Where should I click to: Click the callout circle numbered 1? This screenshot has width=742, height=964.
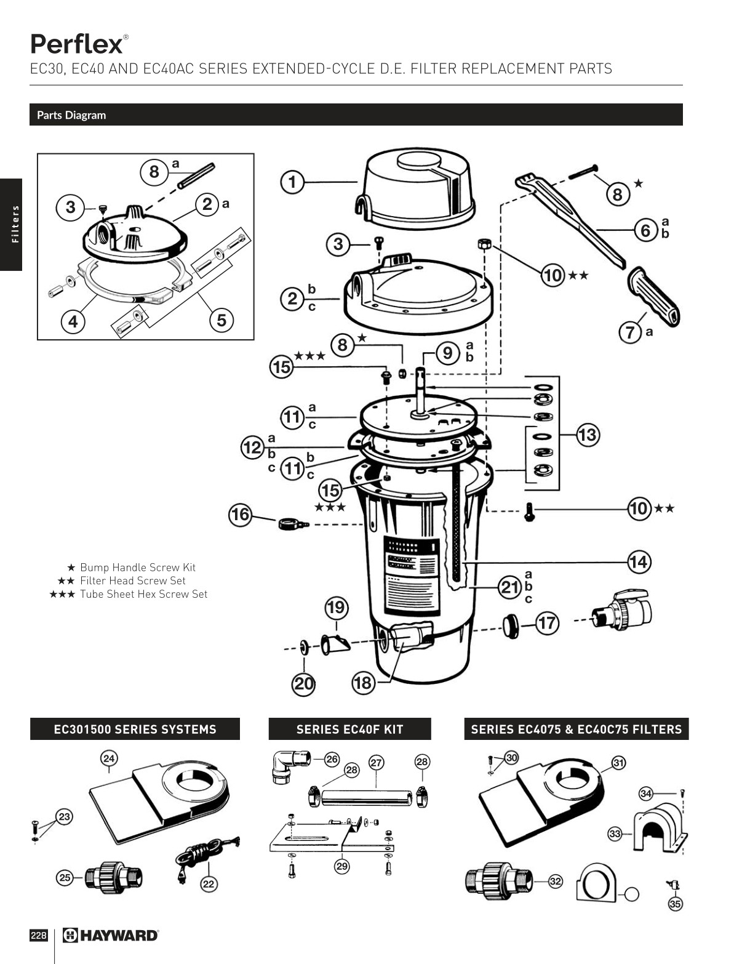pyautogui.click(x=292, y=182)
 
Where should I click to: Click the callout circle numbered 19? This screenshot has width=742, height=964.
pyautogui.click(x=336, y=608)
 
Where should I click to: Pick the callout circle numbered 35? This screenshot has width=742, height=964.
pyautogui.click(x=675, y=904)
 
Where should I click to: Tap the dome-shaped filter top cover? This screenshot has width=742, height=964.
pyautogui.click(x=418, y=185)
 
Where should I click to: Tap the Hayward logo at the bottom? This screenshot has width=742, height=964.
pyautogui.click(x=111, y=936)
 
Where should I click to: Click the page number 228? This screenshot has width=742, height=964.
pyautogui.click(x=38, y=936)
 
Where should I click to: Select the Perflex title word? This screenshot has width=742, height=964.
pyautogui.click(x=76, y=44)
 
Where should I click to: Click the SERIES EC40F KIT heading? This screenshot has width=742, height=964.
pyautogui.click(x=349, y=729)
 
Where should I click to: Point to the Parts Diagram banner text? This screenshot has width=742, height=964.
pyautogui.click(x=71, y=115)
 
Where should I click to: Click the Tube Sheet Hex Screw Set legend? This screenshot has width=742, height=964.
pyautogui.click(x=143, y=594)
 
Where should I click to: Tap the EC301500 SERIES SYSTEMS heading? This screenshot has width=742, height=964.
pyautogui.click(x=135, y=729)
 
